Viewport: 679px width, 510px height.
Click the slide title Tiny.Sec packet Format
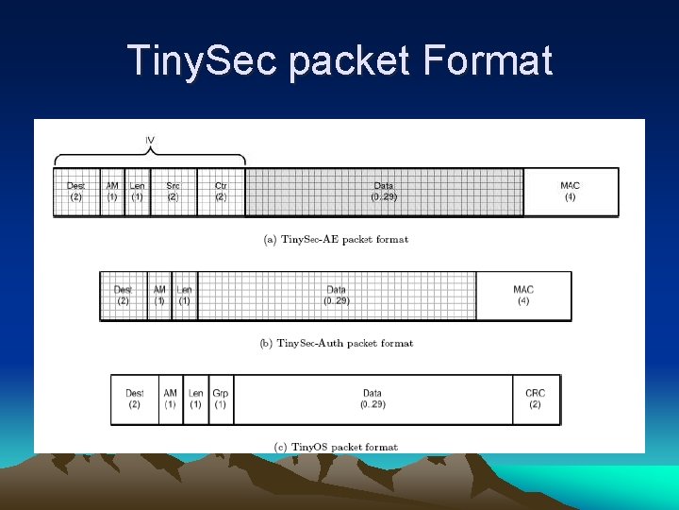pyautogui.click(x=339, y=61)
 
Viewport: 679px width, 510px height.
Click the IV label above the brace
pyautogui.click(x=150, y=141)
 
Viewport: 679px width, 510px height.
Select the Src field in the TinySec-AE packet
pyautogui.click(x=173, y=192)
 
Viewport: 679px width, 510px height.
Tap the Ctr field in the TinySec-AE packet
pyautogui.click(x=221, y=192)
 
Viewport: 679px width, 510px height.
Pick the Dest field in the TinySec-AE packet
pyautogui.click(x=75, y=192)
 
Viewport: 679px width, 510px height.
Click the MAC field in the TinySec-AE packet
pyautogui.click(x=570, y=192)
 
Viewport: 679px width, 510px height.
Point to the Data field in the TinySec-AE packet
pyautogui.click(x=384, y=192)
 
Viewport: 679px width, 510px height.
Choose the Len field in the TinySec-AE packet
pyautogui.click(x=137, y=192)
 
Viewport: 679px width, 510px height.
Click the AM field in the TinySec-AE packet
pyautogui.click(x=112, y=192)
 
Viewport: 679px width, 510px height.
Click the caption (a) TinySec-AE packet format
pyautogui.click(x=336, y=240)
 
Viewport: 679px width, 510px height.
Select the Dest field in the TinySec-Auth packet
pyautogui.click(x=123, y=296)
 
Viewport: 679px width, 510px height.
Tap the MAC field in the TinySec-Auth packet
pyautogui.click(x=523, y=296)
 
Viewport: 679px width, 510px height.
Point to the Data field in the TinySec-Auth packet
pyautogui.click(x=337, y=296)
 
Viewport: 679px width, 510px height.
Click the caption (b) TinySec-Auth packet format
pyautogui.click(x=336, y=343)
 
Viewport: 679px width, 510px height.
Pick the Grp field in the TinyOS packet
pyautogui.click(x=221, y=399)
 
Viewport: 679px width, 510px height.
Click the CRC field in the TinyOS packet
pyautogui.click(x=535, y=399)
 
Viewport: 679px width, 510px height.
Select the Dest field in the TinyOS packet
pyautogui.click(x=134, y=399)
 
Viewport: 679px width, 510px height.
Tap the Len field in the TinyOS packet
pyautogui.click(x=195, y=399)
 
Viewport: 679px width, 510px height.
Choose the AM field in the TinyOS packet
pyautogui.click(x=170, y=399)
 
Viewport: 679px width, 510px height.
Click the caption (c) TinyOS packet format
pyautogui.click(x=336, y=447)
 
